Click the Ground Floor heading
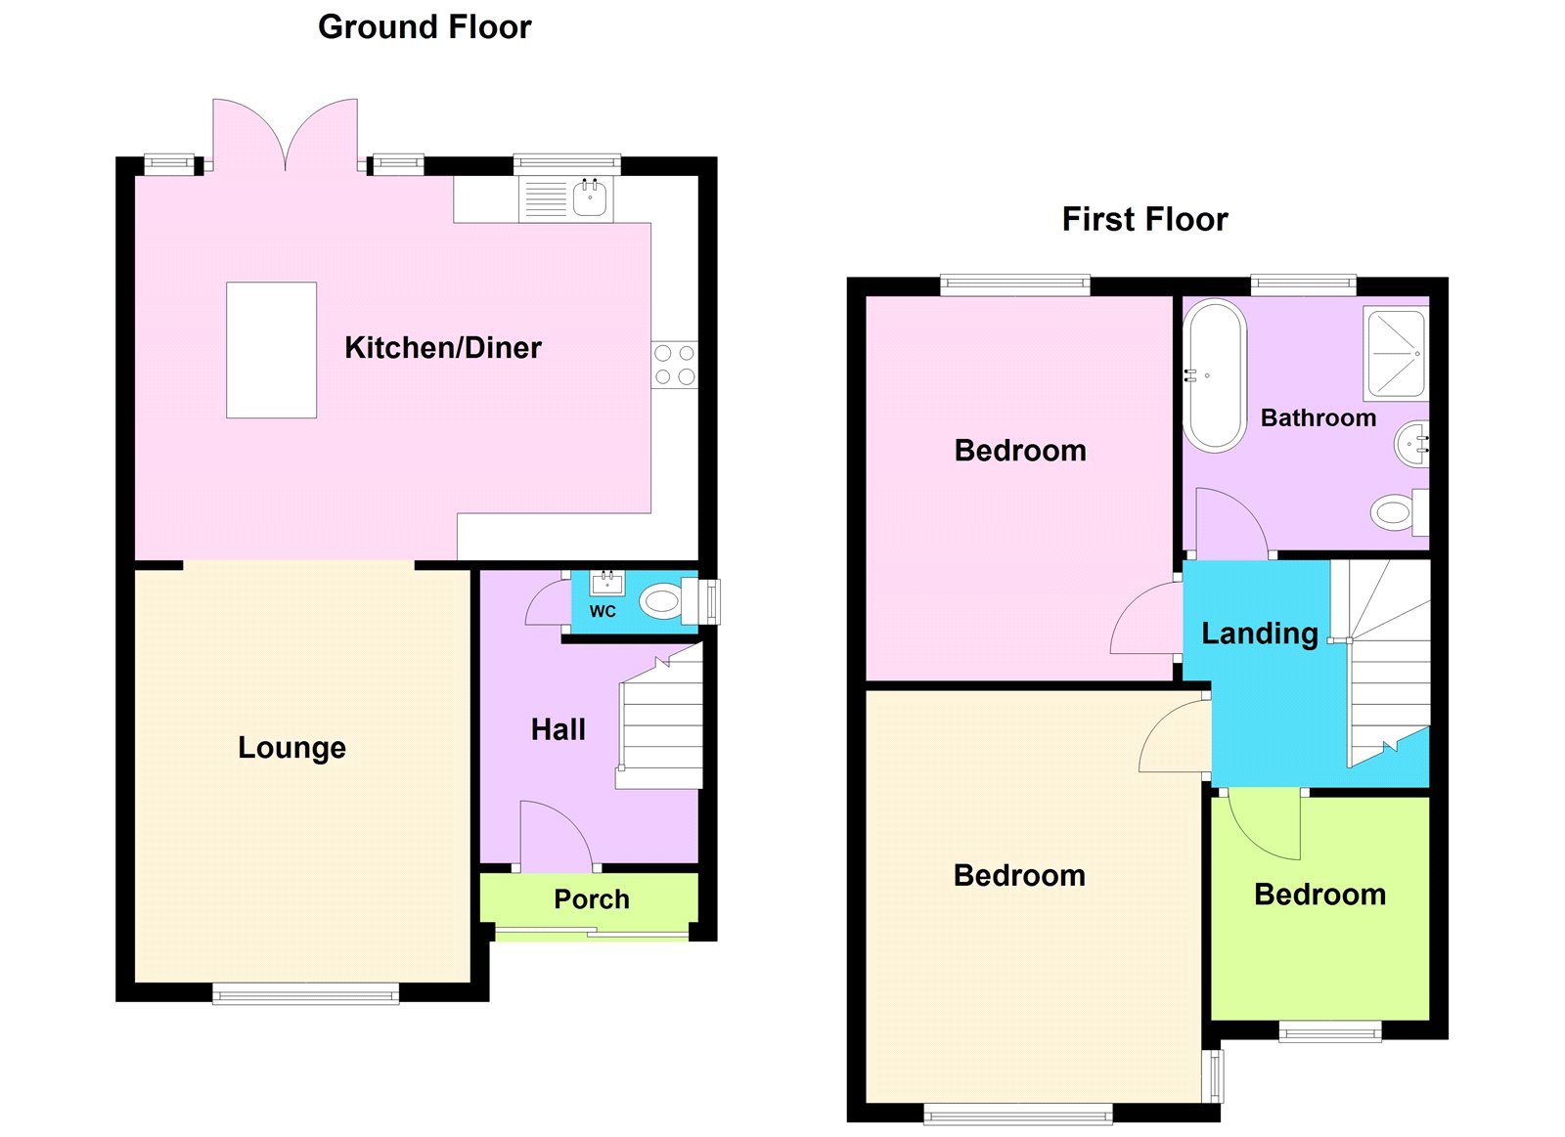pyautogui.click(x=425, y=27)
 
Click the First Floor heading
pyautogui.click(x=1144, y=219)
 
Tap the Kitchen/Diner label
pyautogui.click(x=442, y=347)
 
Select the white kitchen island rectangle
pyautogui.click(x=271, y=350)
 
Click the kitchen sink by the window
pyautogui.click(x=590, y=198)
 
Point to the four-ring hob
pyautogui.click(x=675, y=365)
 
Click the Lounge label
pyautogui.click(x=291, y=747)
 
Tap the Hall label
pyautogui.click(x=558, y=729)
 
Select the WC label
pyautogui.click(x=603, y=611)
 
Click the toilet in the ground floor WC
pyautogui.click(x=662, y=601)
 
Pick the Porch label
pyautogui.click(x=591, y=899)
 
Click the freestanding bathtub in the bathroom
pyautogui.click(x=1214, y=375)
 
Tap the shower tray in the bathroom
pyautogui.click(x=1396, y=353)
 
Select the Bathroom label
pyautogui.click(x=1318, y=418)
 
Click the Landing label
pyautogui.click(x=1259, y=634)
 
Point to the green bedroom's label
pyautogui.click(x=1319, y=895)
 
